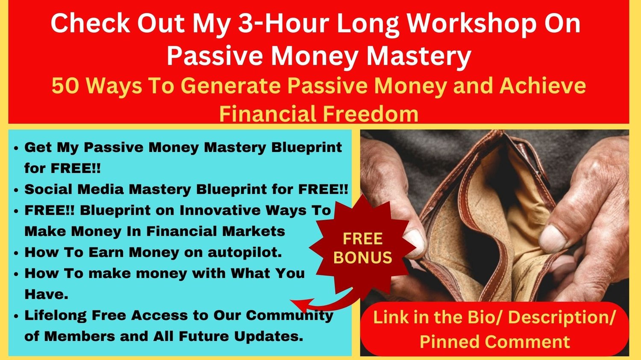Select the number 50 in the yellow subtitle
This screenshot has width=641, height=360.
65,86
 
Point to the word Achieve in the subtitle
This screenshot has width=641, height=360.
543,86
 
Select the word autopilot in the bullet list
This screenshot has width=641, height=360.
245,252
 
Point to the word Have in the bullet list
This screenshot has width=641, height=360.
46,294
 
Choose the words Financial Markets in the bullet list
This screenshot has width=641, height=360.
215,231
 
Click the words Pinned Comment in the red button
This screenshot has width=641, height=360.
495,341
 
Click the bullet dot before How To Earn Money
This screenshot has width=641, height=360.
16,253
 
